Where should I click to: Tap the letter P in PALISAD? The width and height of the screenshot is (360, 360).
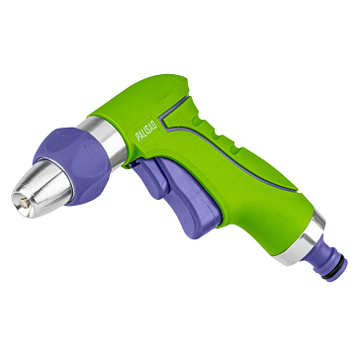click(x=138, y=136)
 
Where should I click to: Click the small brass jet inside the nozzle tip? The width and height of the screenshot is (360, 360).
click(x=24, y=204)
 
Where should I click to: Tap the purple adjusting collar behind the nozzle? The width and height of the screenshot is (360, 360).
click(x=73, y=165)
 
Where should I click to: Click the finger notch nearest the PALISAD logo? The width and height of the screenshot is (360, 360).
click(x=197, y=122)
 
